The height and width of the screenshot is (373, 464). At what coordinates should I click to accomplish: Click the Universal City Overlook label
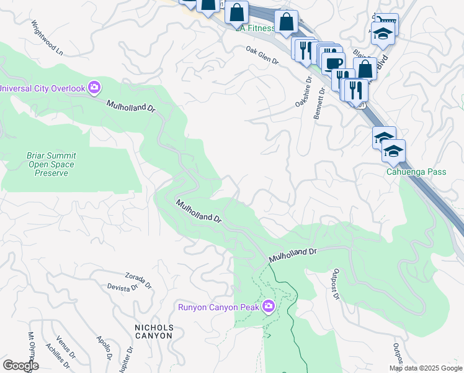coord(42,88)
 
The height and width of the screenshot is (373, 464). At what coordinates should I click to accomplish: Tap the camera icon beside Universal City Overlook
coord(94,88)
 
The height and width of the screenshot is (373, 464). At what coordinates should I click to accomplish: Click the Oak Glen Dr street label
coord(262,55)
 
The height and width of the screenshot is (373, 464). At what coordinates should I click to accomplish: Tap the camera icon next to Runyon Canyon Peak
coord(269,306)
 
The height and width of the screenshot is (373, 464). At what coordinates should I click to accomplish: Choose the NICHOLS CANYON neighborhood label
coord(153,331)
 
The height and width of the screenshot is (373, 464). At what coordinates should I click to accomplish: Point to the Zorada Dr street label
coord(138,280)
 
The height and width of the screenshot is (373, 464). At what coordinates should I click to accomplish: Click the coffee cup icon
coord(332,63)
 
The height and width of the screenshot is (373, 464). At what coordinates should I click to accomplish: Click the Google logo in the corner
coord(20,366)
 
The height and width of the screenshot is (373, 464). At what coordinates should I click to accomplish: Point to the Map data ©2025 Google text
coord(425,368)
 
